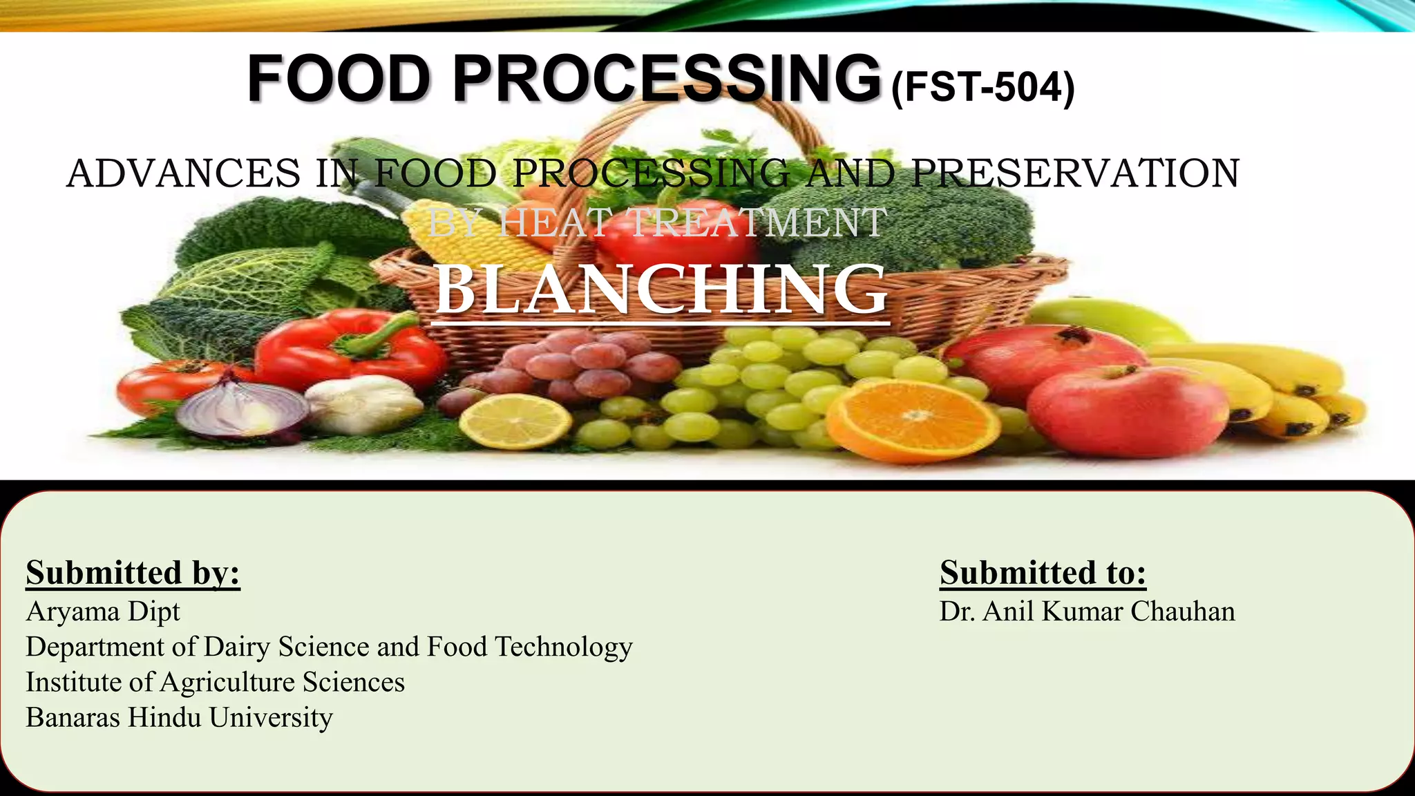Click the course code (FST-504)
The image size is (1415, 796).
pyautogui.click(x=983, y=88)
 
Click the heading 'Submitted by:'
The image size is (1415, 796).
pyautogui.click(x=133, y=573)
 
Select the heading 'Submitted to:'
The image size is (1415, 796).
pyautogui.click(x=1043, y=573)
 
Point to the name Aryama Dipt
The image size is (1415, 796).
pyautogui.click(x=103, y=612)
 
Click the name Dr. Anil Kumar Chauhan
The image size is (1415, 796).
pyautogui.click(x=1087, y=612)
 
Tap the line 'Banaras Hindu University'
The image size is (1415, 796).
pyautogui.click(x=179, y=717)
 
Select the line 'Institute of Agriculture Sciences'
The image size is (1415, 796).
pyautogui.click(x=215, y=682)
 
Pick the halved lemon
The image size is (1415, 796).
pyautogui.click(x=515, y=421)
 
